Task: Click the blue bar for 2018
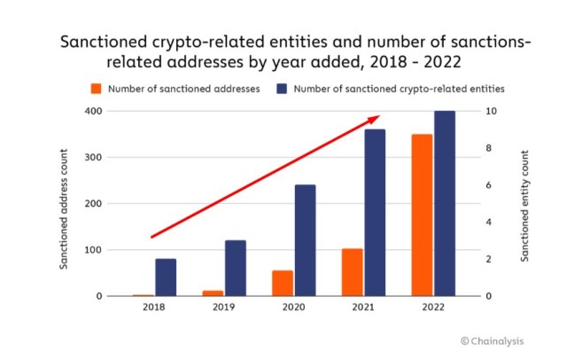coord(166,278)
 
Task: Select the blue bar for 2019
coord(235,268)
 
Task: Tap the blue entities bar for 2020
coord(305,240)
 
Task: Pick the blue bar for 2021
coord(375,213)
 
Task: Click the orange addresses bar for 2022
coord(422,215)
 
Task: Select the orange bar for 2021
coord(352,272)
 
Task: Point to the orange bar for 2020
coord(282,283)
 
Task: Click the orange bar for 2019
coord(213,293)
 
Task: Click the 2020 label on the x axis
coord(293,309)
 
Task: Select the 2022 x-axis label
coord(432,309)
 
